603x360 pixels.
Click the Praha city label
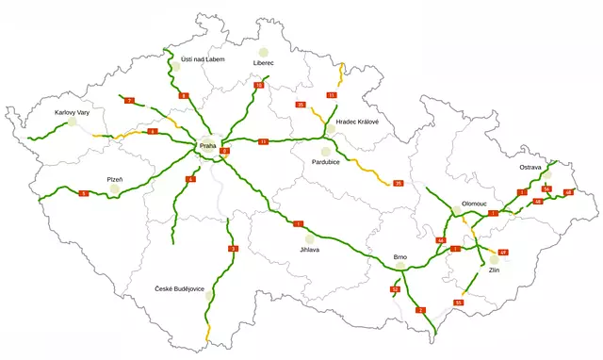[x=207, y=146]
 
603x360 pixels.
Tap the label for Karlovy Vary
[x=72, y=113]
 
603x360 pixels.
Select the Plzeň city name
[x=115, y=178]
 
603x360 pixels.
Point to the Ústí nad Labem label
[x=203, y=58]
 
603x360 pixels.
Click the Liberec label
[x=263, y=63]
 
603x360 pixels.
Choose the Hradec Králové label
[x=350, y=122]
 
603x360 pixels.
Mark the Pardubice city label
[x=325, y=162]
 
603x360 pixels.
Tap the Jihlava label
[x=309, y=250]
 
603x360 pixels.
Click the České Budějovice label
[x=180, y=288]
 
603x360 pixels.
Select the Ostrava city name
[x=530, y=167]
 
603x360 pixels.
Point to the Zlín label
[x=494, y=270]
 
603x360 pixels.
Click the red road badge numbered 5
[x=84, y=193]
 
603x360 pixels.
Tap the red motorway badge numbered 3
[x=233, y=249]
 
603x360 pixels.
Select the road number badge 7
[x=129, y=100]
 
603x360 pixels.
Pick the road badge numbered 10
[x=259, y=86]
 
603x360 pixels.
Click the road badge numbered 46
[x=440, y=240]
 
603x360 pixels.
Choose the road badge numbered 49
[x=502, y=253]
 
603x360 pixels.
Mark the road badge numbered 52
[x=395, y=289]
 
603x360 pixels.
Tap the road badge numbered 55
[x=458, y=302]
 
